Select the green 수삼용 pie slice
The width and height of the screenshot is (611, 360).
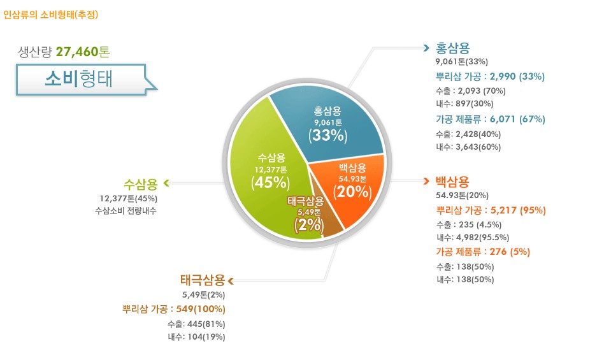click(268, 185)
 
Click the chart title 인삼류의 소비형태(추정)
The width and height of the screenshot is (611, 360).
click(51, 13)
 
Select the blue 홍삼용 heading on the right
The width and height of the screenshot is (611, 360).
click(453, 48)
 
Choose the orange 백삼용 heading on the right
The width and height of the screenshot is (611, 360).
click(453, 181)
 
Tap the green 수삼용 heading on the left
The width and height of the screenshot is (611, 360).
click(141, 184)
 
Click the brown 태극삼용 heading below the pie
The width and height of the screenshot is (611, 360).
click(203, 280)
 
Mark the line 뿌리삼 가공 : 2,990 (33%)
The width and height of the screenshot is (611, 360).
click(490, 76)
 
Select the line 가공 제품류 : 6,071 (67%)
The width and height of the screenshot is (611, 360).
click(491, 119)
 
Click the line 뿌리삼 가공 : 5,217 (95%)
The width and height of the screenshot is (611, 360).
click(491, 210)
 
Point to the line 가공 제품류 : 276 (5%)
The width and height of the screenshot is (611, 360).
click(482, 252)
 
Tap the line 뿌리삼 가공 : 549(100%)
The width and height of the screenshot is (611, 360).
click(173, 309)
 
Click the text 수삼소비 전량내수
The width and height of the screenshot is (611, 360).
click(125, 210)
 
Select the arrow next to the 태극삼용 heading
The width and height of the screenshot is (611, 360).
click(231, 280)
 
